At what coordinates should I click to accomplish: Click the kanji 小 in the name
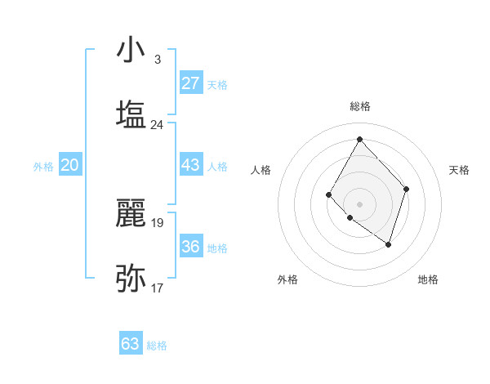pos(131,51)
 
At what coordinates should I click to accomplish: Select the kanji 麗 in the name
pos(131,214)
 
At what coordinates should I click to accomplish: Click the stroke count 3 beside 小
pos(157,60)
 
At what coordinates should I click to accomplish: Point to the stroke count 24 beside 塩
pos(157,125)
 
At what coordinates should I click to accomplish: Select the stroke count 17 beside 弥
pos(157,288)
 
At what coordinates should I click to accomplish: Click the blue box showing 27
pos(190,83)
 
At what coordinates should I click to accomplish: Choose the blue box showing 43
pos(190,165)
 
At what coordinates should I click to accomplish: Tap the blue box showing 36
pos(190,247)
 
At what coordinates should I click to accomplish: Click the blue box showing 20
pos(69,165)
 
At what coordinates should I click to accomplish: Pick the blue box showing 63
pos(131,344)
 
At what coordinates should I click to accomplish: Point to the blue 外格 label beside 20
pos(43,167)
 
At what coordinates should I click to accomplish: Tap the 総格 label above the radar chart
pos(359,106)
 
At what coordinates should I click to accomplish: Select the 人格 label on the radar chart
pos(261,170)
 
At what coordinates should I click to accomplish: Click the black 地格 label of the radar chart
pos(428,279)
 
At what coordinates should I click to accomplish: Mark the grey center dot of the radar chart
pos(359,203)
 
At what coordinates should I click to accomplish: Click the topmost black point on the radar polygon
pos(359,139)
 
